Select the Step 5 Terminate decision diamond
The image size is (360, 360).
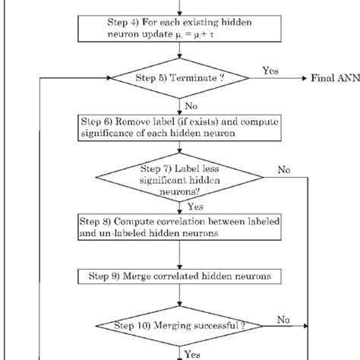(x=179, y=77)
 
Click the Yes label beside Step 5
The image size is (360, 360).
(x=270, y=69)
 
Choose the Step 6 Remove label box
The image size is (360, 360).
(x=179, y=127)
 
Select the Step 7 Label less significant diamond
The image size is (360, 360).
(x=179, y=178)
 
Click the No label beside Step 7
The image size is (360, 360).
(x=284, y=169)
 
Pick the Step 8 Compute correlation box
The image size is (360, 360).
(x=179, y=228)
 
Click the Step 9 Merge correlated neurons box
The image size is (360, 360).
(x=179, y=272)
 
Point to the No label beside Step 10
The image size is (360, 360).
(x=284, y=320)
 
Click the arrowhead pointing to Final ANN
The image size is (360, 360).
(x=303, y=78)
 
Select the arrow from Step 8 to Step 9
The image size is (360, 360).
(x=179, y=251)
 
